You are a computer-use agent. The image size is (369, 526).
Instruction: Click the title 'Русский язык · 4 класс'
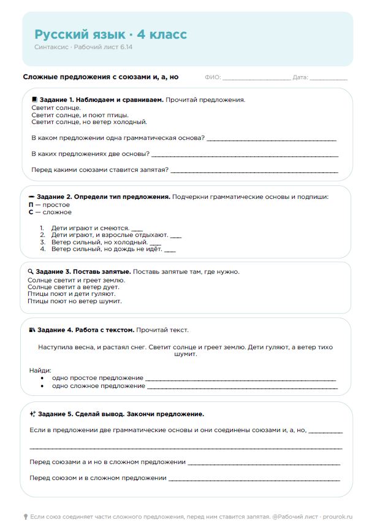pos(110,34)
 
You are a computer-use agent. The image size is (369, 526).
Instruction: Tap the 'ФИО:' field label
pos(213,77)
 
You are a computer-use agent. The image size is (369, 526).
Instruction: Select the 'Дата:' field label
pos(300,77)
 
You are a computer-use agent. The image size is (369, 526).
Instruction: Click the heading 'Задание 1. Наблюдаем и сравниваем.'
pos(101,99)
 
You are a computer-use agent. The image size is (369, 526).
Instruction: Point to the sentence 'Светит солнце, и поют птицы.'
pos(80,115)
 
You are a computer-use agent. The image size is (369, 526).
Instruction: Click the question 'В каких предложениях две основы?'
pos(89,153)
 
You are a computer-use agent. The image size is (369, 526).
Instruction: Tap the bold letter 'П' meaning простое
pos(31,204)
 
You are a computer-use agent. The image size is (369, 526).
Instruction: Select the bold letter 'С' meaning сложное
pos(31,212)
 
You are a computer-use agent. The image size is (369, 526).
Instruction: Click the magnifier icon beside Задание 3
pos(31,271)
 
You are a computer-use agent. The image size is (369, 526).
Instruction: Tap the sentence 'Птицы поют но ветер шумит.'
pos(75,301)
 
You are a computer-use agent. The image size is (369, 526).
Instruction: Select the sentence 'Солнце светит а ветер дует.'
pos(74,287)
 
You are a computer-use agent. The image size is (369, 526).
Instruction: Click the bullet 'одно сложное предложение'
pos(99,386)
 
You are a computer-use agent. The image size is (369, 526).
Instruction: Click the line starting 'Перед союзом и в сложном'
pos(98,478)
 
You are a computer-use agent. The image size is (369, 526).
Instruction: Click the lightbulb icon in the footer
pos(25,517)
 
